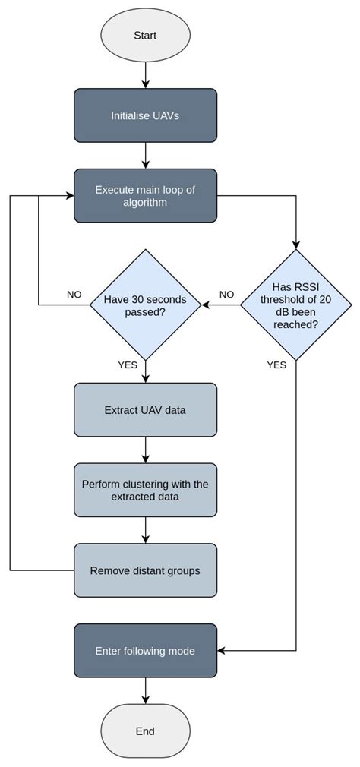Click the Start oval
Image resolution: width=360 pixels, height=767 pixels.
tap(145, 36)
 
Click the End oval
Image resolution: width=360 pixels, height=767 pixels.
tap(145, 731)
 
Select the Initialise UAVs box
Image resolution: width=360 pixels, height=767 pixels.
tap(145, 115)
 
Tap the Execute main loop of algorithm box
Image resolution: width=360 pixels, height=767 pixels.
tap(145, 196)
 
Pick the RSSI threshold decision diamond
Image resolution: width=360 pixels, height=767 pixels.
tap(296, 305)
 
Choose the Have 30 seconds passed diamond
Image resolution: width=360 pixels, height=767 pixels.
tap(145, 305)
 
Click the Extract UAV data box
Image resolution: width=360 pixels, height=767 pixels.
tap(145, 410)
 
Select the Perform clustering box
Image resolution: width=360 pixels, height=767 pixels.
tap(145, 491)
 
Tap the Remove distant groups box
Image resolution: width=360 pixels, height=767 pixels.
tap(145, 570)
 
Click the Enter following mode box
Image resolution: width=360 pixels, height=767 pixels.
tap(145, 651)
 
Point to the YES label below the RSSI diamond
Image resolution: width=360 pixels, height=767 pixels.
tap(276, 365)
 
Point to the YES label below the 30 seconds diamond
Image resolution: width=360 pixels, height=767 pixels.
tap(128, 365)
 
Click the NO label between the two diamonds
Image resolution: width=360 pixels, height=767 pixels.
tap(226, 295)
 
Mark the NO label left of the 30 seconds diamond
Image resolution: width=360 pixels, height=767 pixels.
tap(74, 295)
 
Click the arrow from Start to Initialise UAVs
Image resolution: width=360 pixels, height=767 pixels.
tap(145, 74)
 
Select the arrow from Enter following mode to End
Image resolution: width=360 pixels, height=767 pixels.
tap(145, 690)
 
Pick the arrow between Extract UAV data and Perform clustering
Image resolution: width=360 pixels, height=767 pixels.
tap(145, 450)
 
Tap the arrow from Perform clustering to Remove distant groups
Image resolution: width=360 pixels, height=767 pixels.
tap(145, 530)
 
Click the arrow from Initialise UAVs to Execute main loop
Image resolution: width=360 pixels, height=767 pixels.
tap(145, 156)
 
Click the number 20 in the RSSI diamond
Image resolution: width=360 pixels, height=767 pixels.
tap(324, 299)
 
